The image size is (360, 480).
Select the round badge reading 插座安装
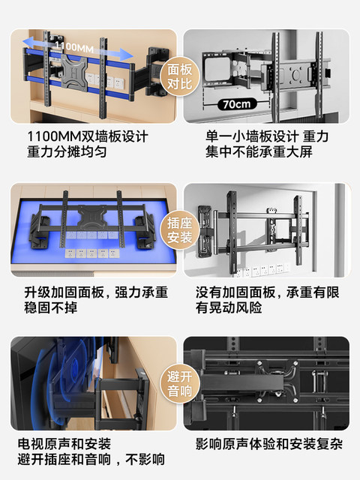[x=180, y=229]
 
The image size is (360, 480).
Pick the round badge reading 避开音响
[x=180, y=385]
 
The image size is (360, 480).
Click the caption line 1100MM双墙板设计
[x=88, y=138]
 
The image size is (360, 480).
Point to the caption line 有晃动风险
[x=229, y=307]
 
